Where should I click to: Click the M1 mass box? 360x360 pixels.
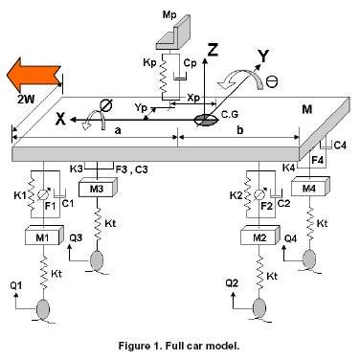coord(43,236)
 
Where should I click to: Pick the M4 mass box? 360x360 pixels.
coord(310,187)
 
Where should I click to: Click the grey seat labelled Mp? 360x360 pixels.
coord(172,36)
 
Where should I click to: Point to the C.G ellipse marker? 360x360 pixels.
coord(206,120)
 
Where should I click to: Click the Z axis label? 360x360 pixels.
coord(212,49)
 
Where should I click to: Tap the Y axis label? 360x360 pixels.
coord(263,56)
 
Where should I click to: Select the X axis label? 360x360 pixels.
coord(60,120)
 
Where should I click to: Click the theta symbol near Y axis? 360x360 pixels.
coord(272,82)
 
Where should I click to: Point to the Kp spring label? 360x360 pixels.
coord(149,63)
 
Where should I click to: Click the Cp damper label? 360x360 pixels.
coord(190,63)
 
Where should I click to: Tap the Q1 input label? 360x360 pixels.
coord(16,285)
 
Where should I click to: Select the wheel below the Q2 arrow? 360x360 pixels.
coord(259,307)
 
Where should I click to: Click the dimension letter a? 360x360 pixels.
coord(118,130)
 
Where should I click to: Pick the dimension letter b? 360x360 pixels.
coord(240,130)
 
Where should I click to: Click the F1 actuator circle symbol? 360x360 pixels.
coord(42,194)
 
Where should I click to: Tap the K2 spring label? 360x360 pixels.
coord(236,195)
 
